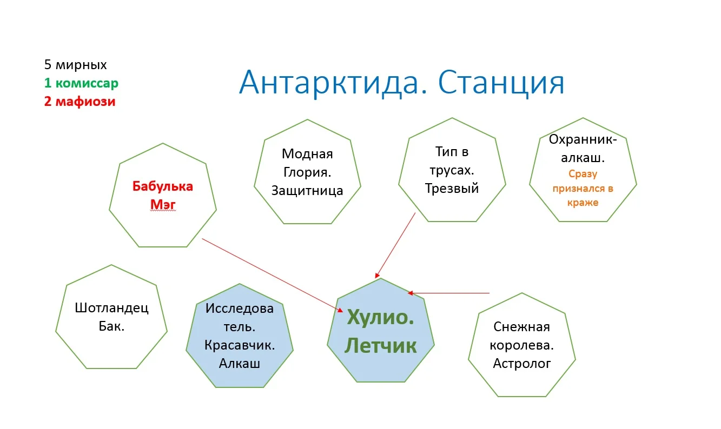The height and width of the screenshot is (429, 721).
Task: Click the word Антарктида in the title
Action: click(x=333, y=83)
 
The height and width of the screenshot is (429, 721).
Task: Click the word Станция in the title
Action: click(x=501, y=83)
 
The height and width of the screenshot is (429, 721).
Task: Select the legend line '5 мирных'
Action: click(x=76, y=65)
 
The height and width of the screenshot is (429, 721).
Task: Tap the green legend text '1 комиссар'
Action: click(x=81, y=83)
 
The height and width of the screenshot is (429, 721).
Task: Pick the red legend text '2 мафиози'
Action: click(x=80, y=101)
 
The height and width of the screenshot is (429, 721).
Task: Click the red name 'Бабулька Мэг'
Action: click(x=162, y=195)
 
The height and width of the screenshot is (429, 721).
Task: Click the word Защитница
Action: click(x=307, y=190)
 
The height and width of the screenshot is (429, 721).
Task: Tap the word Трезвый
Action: click(x=452, y=188)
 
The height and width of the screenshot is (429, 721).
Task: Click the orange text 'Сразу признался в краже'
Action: click(x=583, y=188)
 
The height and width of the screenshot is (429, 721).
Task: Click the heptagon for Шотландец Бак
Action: click(x=111, y=317)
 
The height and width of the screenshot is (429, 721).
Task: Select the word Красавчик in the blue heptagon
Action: click(x=240, y=345)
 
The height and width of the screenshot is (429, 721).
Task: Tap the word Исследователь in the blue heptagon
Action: click(x=240, y=318)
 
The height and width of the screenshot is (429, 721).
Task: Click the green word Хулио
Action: click(x=380, y=317)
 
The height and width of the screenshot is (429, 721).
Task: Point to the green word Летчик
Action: click(x=380, y=345)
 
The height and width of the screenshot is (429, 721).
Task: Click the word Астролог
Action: click(x=522, y=363)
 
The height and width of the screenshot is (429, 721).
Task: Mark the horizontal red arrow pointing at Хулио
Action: click(x=449, y=293)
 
